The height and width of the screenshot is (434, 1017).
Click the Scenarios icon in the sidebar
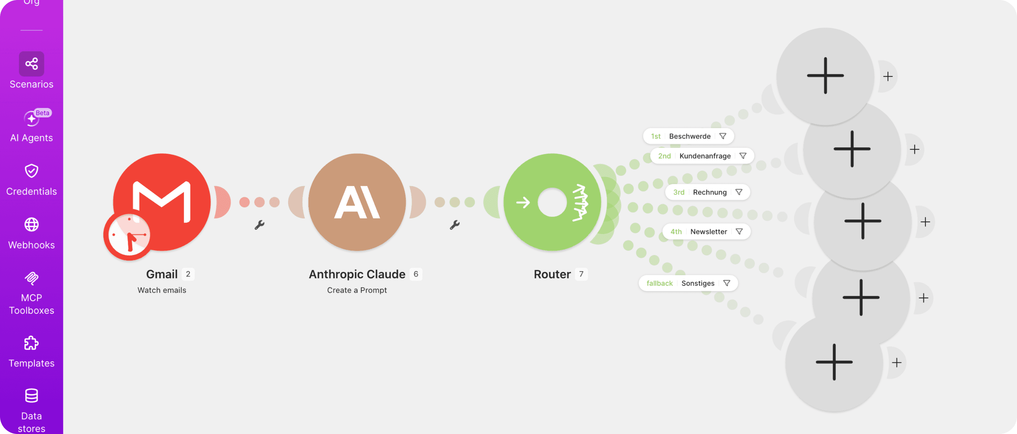31,64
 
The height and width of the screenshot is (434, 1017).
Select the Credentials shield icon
31,171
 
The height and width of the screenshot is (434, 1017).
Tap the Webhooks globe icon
31,225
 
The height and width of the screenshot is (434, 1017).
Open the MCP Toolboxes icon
31,278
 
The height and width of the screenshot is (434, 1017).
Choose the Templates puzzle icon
31,343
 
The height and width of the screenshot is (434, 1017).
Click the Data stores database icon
31,396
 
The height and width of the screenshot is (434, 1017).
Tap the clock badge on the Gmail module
129,236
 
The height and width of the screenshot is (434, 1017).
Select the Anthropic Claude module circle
357,202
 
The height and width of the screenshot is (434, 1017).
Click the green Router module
552,202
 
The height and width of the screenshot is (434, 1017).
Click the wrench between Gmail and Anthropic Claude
259,225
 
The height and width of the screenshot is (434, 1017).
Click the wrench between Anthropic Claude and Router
455,225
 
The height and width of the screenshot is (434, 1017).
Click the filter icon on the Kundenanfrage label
743,156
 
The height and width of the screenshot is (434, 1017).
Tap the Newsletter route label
706,232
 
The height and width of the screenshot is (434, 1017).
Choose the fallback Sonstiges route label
688,283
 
